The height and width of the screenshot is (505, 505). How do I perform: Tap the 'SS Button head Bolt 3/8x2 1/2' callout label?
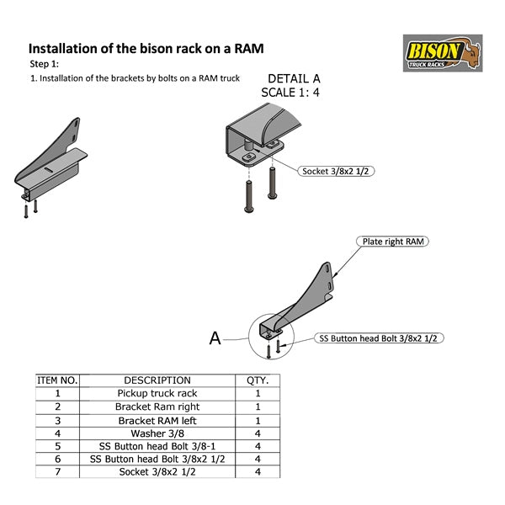pos(380,338)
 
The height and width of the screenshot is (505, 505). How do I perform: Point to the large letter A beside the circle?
pos(215,338)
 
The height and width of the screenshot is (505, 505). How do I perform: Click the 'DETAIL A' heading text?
pos(293,79)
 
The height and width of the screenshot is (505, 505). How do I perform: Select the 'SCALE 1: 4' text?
pos(292,93)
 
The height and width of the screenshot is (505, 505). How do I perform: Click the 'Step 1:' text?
pos(44,64)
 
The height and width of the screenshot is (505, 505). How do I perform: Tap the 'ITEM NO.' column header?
pos(57,380)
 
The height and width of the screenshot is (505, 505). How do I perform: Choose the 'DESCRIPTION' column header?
pos(157,380)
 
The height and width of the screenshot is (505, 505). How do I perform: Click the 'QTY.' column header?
pos(257,380)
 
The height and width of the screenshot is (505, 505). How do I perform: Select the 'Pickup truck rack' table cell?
pos(157,393)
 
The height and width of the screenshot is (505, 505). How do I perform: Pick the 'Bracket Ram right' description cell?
pos(157,407)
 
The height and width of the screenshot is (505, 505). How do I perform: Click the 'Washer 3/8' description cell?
pos(157,433)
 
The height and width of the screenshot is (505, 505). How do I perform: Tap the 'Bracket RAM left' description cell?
pos(157,419)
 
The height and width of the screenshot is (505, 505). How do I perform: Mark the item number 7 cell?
pos(57,472)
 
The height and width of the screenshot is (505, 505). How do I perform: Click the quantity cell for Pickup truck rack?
pos(257,393)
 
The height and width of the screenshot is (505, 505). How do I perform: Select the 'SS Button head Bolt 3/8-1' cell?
pos(157,446)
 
